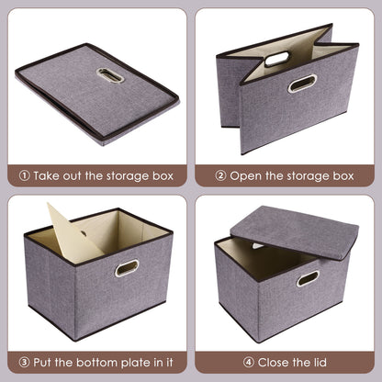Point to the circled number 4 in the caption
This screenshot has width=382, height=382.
click(x=241, y=362)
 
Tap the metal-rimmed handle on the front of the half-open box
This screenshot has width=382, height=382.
click(x=303, y=84)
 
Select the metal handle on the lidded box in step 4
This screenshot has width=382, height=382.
click(x=308, y=278)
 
